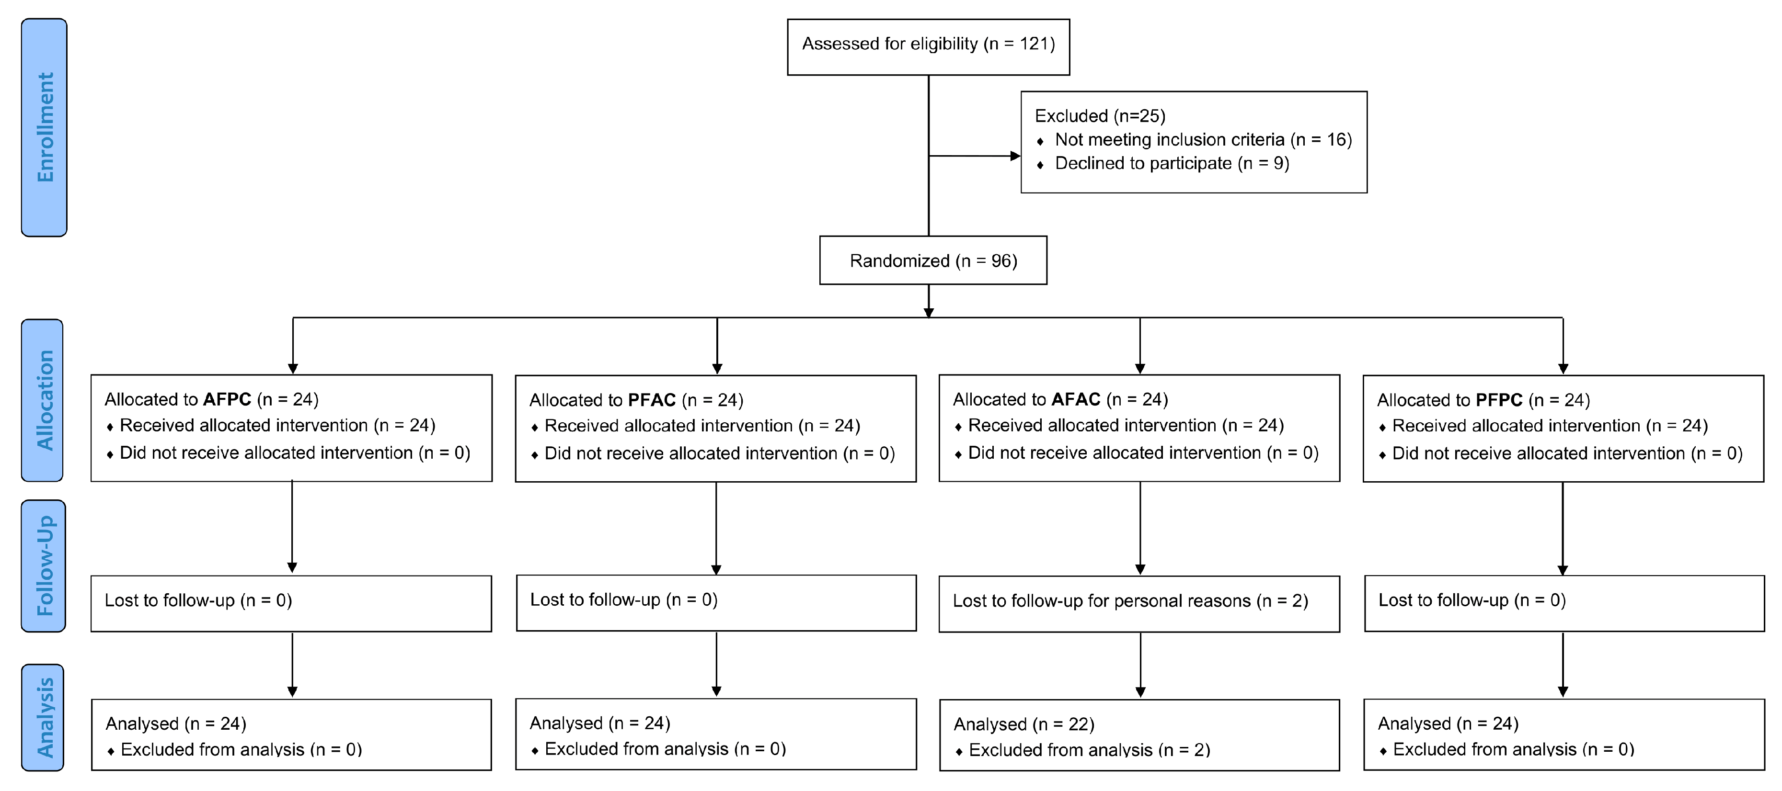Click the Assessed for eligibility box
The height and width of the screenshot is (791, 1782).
[928, 46]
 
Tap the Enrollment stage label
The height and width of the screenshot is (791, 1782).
[44, 127]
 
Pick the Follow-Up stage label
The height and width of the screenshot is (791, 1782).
[44, 565]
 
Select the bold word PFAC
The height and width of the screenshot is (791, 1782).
[651, 400]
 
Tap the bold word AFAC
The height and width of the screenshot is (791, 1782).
[1075, 400]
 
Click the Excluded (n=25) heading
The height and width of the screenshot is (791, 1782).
[1099, 115]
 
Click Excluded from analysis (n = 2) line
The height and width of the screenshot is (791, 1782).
[1089, 750]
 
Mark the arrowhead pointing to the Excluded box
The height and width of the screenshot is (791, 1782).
[1015, 156]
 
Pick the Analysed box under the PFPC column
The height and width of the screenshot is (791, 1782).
[1564, 734]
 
